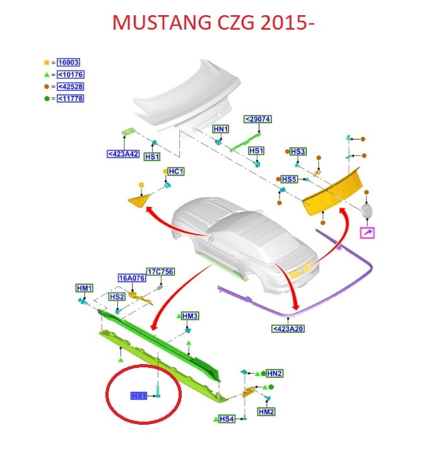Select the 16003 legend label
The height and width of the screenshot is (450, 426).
click(68, 63)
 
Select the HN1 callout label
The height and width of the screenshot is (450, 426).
click(220, 129)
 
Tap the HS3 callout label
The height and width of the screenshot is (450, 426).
click(298, 151)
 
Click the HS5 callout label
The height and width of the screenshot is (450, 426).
click(289, 179)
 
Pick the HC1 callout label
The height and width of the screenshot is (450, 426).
click(175, 172)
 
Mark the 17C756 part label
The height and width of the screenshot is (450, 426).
click(160, 271)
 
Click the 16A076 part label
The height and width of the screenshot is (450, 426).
click(130, 277)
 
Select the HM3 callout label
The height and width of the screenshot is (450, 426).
click(190, 315)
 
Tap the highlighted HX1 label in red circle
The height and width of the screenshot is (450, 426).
click(139, 396)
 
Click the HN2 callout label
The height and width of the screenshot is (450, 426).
click(275, 373)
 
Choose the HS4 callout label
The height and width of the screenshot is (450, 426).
click(227, 418)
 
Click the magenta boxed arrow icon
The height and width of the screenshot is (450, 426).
click(367, 234)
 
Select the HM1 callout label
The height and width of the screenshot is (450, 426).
click(85, 288)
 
